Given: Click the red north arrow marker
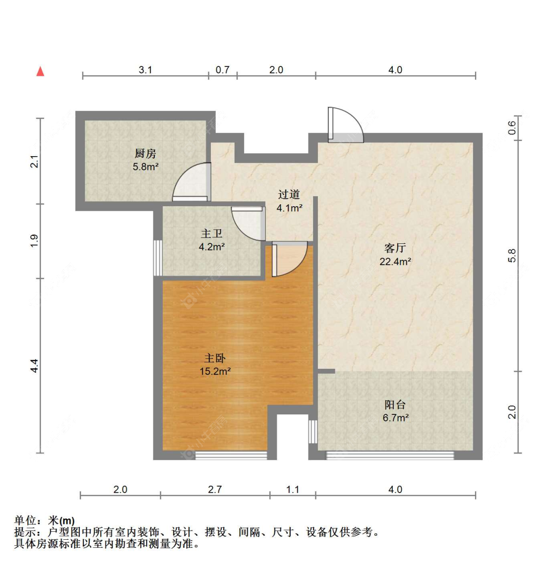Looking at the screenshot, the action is pyautogui.click(x=40, y=71).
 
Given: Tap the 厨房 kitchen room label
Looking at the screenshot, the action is pyautogui.click(x=145, y=154).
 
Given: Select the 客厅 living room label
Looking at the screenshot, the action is pyautogui.click(x=395, y=248).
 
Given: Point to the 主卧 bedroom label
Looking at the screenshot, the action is pyautogui.click(x=215, y=358).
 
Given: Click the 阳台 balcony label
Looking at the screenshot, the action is pyautogui.click(x=395, y=404).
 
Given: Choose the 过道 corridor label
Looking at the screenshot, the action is pyautogui.click(x=289, y=194).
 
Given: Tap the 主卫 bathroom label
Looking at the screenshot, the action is pyautogui.click(x=211, y=233).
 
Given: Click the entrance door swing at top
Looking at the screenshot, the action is pyautogui.click(x=346, y=124).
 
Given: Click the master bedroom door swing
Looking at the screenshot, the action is pyautogui.click(x=290, y=259).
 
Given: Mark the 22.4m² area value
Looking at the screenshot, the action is pyautogui.click(x=395, y=262).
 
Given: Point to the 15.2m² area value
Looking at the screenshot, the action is pyautogui.click(x=215, y=371).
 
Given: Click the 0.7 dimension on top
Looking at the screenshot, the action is pyautogui.click(x=222, y=69).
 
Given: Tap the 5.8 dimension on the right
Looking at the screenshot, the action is pyautogui.click(x=512, y=256).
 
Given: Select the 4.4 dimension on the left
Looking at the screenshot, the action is pyautogui.click(x=34, y=366).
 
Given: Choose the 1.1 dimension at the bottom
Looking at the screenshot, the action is pyautogui.click(x=293, y=489).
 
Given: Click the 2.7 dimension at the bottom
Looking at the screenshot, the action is pyautogui.click(x=215, y=489).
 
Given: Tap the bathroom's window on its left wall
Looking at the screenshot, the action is pyautogui.click(x=157, y=258).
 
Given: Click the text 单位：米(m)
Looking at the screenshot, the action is pyautogui.click(x=44, y=521).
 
